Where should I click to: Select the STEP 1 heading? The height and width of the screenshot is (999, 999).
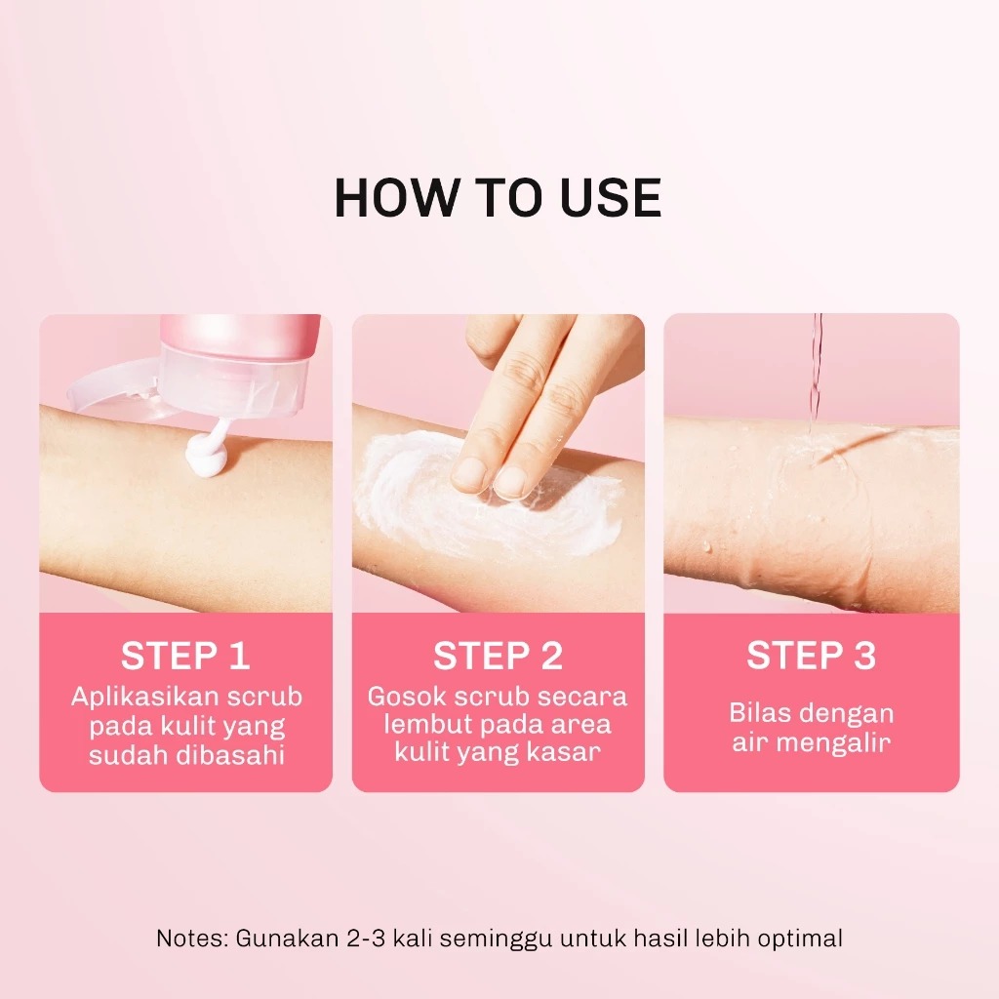(x=185, y=657)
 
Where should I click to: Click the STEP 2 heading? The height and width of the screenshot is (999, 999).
(x=498, y=657)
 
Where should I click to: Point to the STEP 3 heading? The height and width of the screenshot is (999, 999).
(x=811, y=656)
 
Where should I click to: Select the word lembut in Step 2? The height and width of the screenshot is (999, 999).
(x=424, y=726)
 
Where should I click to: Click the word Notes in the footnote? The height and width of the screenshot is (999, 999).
(x=189, y=939)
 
